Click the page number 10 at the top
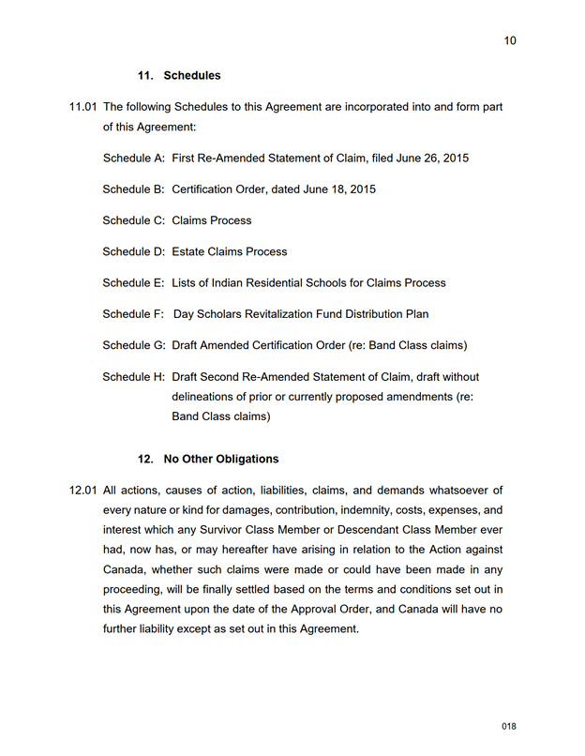coord(509,40)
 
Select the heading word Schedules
coord(192,76)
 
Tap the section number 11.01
coord(82,108)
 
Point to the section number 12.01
coord(82,491)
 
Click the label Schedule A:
coord(133,159)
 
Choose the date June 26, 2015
coord(432,159)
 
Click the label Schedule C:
coord(133,220)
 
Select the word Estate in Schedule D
coord(190,251)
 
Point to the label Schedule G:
coord(133,345)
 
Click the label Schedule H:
coord(133,377)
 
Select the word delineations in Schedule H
coord(205,397)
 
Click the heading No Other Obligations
coord(221,460)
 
